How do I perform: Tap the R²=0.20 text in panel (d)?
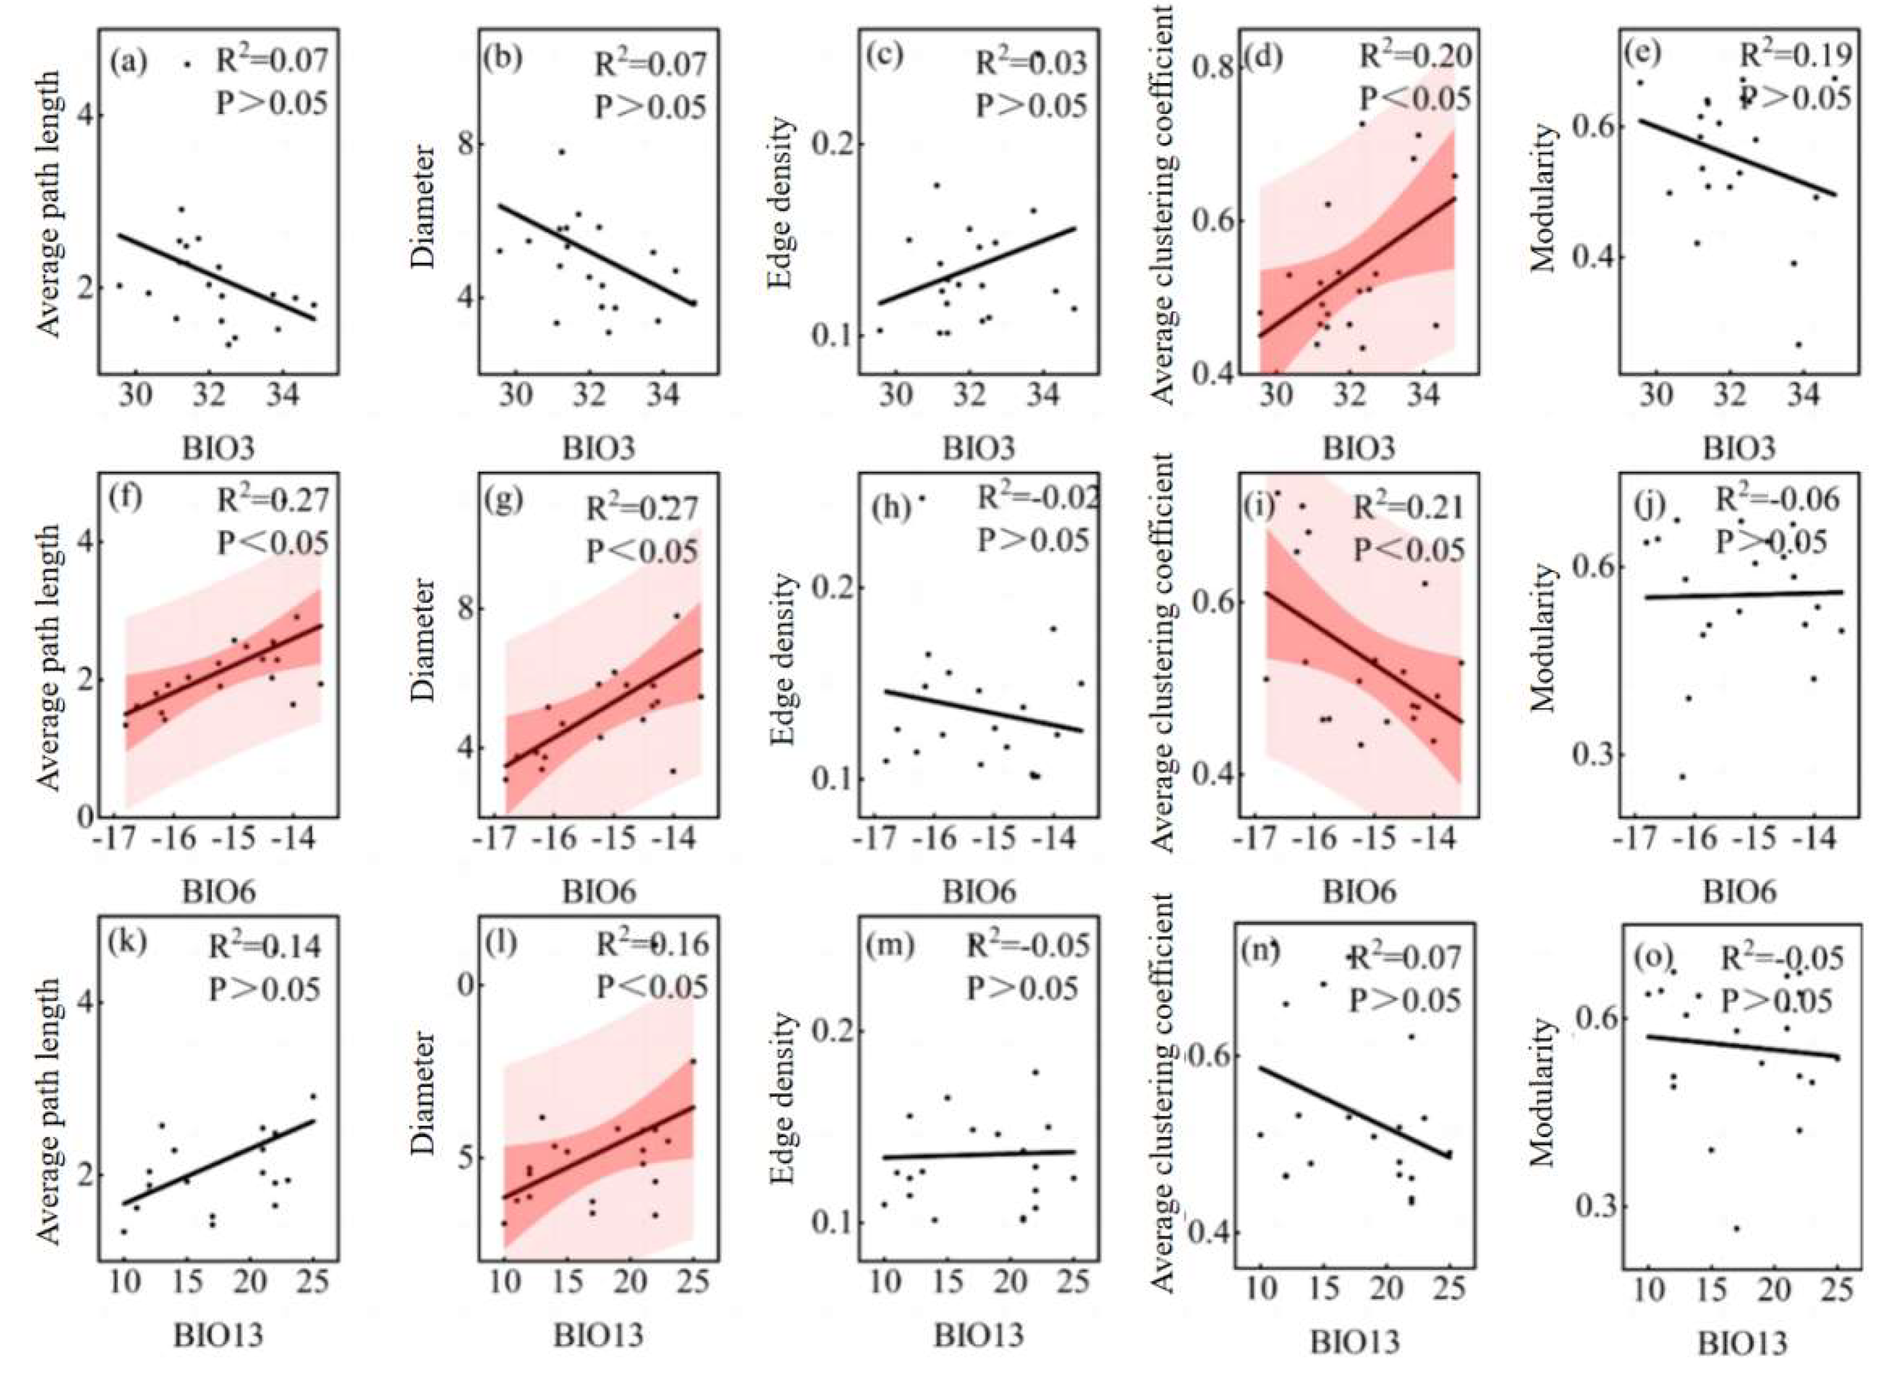click(1415, 55)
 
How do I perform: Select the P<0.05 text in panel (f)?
click(273, 543)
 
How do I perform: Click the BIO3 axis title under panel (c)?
click(979, 448)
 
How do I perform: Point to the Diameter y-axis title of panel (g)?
click(426, 640)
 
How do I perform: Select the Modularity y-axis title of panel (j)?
click(1543, 639)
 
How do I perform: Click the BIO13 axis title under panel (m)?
click(979, 1334)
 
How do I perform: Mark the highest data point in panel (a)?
click(187, 64)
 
